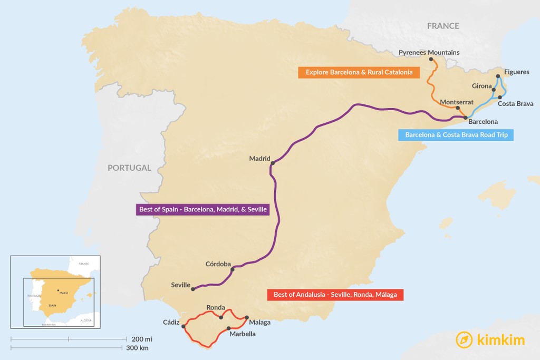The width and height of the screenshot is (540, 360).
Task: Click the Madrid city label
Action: (259, 159)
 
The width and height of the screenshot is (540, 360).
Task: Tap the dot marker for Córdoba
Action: (233, 269)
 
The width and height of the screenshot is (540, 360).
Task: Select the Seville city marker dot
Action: (194, 289)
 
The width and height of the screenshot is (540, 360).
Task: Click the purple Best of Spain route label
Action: (202, 210)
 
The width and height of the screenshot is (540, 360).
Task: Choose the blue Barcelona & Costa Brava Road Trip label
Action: (456, 135)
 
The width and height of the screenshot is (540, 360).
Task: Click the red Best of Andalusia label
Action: (335, 295)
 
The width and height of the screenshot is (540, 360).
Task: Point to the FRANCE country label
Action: (443, 26)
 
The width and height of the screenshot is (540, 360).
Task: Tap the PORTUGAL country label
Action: (129, 168)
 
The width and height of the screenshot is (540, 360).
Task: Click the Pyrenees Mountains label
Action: (429, 52)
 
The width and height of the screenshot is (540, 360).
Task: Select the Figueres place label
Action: (516, 72)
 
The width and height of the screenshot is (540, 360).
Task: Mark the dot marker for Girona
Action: (494, 90)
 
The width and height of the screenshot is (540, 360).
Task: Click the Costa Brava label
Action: (515, 103)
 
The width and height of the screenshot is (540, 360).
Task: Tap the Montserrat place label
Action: (456, 102)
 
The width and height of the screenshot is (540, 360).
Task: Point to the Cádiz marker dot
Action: (184, 326)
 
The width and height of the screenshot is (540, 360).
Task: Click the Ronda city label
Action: (216, 307)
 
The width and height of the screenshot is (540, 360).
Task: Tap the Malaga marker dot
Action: (247, 317)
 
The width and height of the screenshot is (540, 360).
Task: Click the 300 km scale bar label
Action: (137, 348)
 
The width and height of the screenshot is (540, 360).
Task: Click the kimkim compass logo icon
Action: (464, 340)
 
